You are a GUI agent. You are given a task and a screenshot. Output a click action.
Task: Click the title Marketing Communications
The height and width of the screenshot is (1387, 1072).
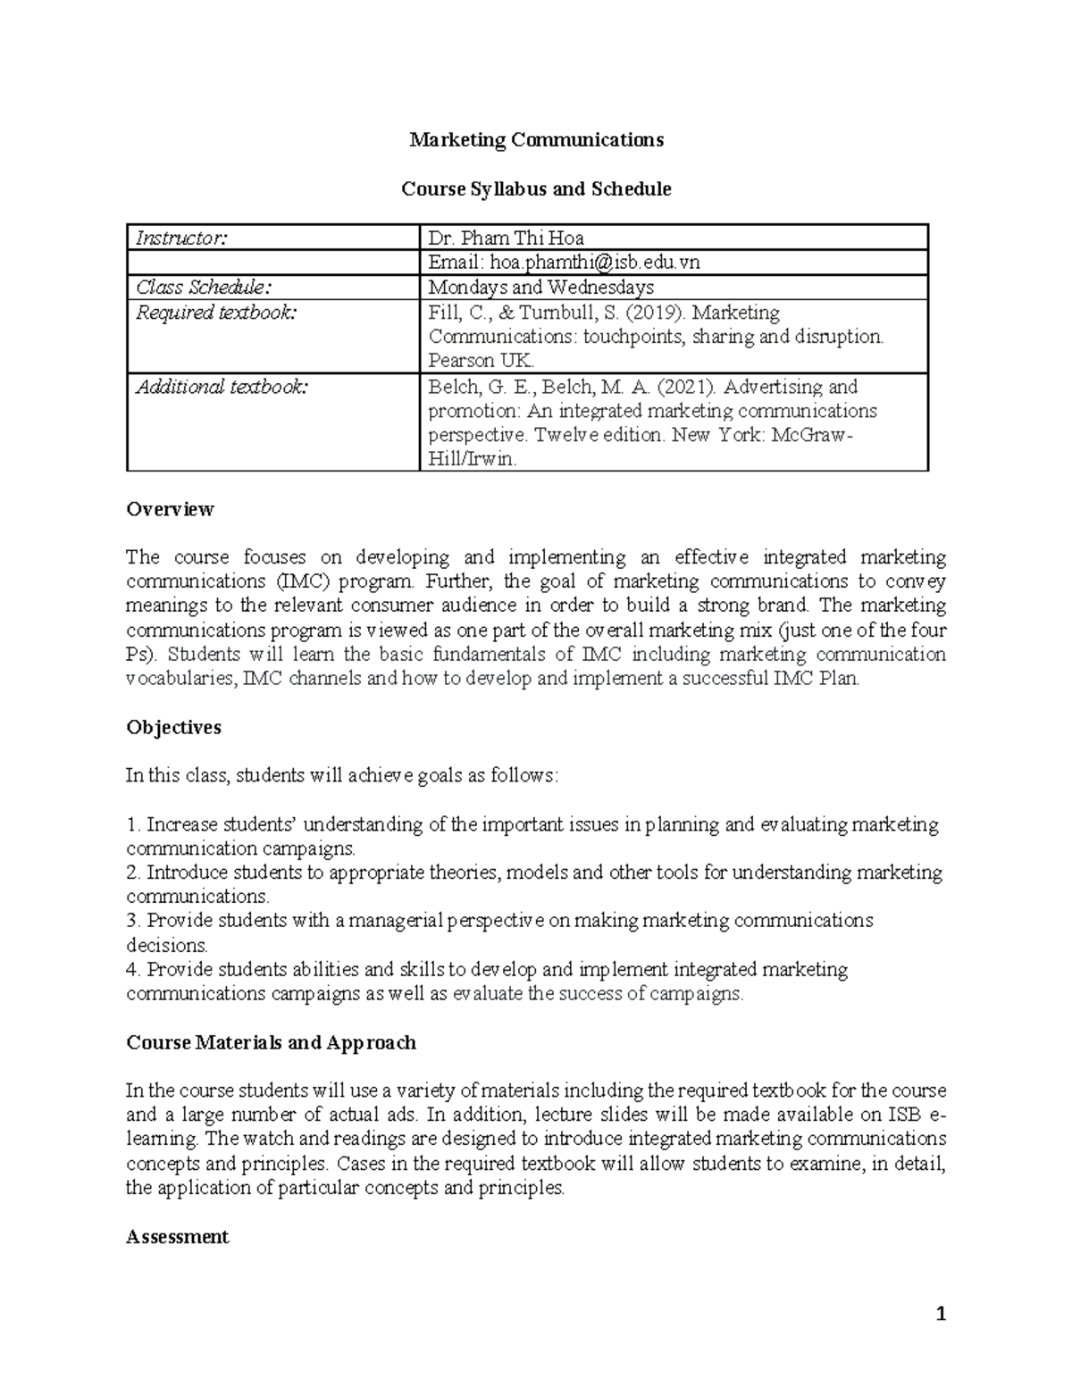[x=536, y=140]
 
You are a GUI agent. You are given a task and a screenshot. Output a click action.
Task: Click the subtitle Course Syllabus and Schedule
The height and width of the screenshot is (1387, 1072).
[x=536, y=189]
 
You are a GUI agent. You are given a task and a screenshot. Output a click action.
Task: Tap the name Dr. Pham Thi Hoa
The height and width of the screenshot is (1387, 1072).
[x=506, y=238]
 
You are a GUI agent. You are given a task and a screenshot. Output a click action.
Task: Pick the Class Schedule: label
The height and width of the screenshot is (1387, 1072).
[x=201, y=288]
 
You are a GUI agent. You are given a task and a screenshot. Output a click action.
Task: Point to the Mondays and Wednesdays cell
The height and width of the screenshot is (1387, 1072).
[x=540, y=288]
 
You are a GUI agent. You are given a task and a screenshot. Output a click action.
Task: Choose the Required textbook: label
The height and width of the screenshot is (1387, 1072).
[x=214, y=313]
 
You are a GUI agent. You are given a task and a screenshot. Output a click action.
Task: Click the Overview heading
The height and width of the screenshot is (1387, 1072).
[x=170, y=509]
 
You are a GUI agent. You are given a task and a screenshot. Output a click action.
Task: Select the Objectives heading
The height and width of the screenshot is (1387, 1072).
[x=173, y=727]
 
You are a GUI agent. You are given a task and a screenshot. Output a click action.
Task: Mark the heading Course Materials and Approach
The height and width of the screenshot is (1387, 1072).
[x=271, y=1042]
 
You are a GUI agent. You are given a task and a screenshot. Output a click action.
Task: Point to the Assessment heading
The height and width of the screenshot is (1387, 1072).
[x=177, y=1237]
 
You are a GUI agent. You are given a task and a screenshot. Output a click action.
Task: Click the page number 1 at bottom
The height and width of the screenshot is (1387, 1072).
[x=940, y=1314]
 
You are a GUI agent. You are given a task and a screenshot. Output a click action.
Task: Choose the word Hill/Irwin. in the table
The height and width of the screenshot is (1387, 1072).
[x=472, y=461]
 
